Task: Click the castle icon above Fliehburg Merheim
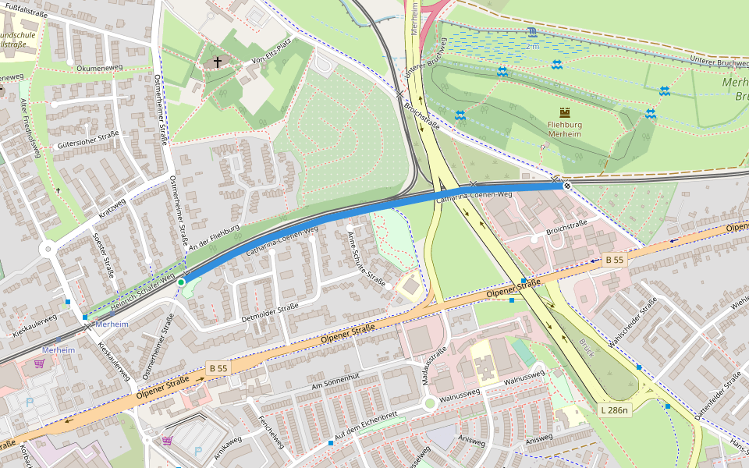[565, 113]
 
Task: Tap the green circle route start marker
[181, 282]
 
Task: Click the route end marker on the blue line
[566, 186]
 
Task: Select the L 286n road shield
[615, 409]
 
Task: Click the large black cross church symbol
[217, 62]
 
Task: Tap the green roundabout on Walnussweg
[429, 403]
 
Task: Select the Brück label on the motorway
[586, 347]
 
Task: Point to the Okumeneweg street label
[99, 69]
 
